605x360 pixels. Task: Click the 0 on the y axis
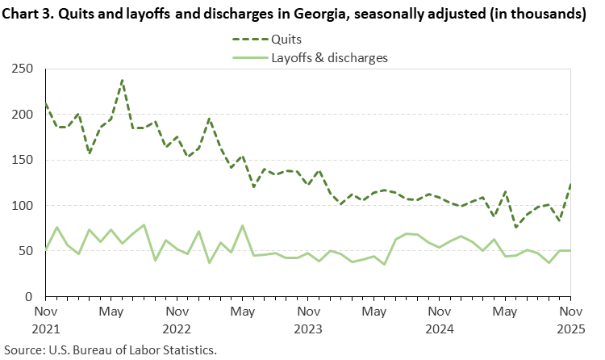33,297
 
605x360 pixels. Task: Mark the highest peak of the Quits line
122,80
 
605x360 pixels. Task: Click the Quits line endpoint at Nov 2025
570,184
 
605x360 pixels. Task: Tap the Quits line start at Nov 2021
46,103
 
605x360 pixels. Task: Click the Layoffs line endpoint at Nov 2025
570,250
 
